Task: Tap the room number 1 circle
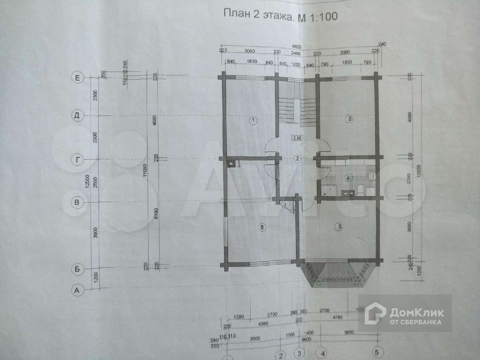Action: click(253, 120)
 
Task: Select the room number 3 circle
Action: click(349, 119)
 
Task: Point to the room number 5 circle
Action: click(340, 226)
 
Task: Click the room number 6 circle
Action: click(262, 227)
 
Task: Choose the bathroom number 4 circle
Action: click(348, 178)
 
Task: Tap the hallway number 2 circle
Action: click(297, 158)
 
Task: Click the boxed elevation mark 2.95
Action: click(297, 138)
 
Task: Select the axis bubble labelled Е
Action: click(78, 78)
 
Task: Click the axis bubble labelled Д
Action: click(78, 116)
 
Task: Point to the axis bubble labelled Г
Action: click(77, 159)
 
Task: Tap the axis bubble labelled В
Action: click(77, 203)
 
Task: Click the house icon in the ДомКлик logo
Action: click(376, 313)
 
